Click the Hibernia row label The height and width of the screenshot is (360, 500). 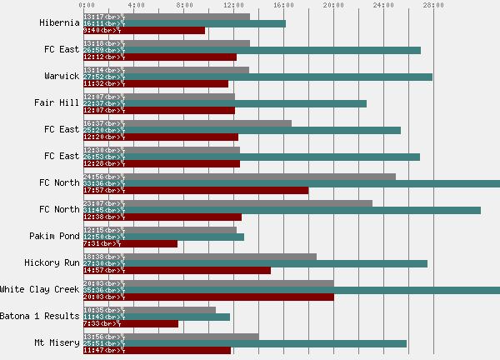tap(59, 22)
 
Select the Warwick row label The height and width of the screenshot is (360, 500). tap(62, 76)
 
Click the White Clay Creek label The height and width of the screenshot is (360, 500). tap(40, 289)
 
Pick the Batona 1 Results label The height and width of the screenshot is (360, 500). tap(40, 316)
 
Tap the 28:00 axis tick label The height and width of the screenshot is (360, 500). tap(432, 5)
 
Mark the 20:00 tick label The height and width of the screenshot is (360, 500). tap(333, 5)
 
